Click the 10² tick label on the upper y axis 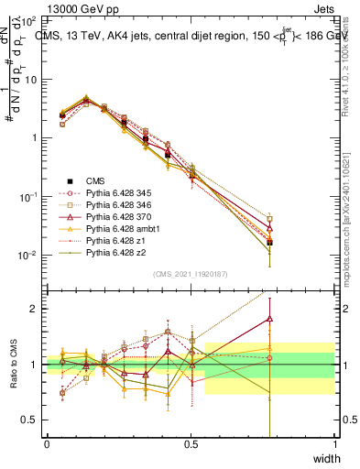click(x=29, y=20)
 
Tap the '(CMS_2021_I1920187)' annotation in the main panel click(x=191, y=274)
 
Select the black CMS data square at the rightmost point click(x=269, y=243)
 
